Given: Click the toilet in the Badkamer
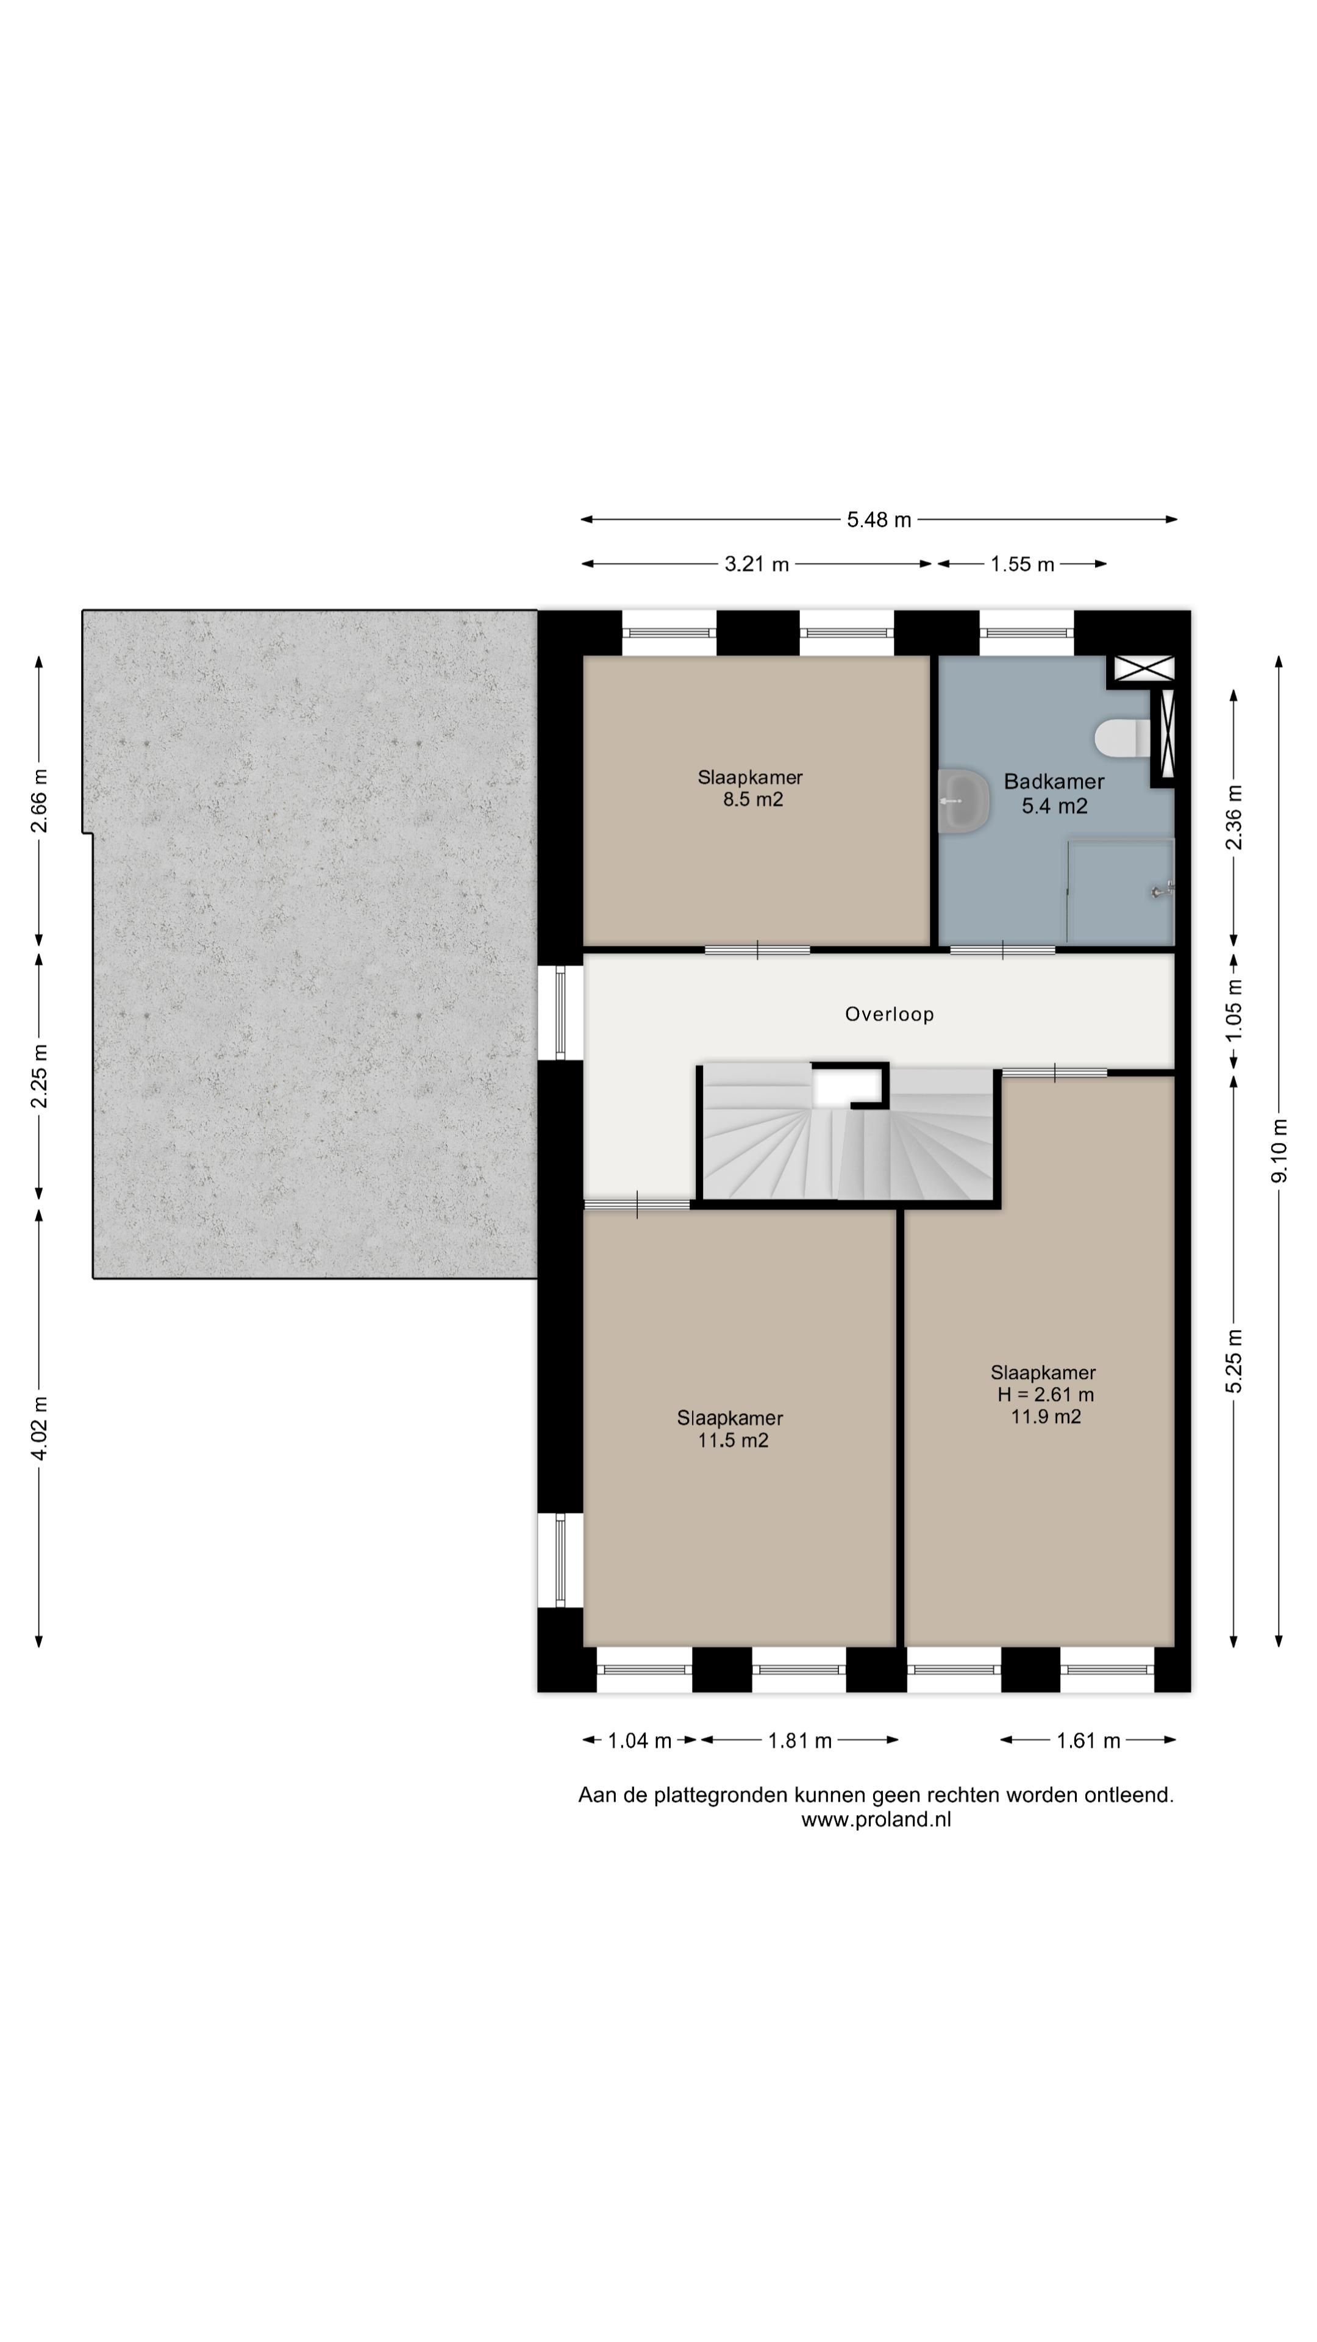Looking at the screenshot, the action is tap(1123, 738).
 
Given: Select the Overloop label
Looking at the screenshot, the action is tap(889, 1015).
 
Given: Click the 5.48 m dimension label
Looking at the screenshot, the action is tap(879, 520).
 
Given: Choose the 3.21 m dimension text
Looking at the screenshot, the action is tap(756, 565).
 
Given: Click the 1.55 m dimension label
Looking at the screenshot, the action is tap(1023, 565).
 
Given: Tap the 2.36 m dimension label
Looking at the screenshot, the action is tap(1233, 817).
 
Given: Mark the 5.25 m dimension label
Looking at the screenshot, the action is tap(1233, 1360).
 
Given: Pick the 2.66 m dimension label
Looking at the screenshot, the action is tap(39, 800).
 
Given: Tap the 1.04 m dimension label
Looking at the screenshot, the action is tap(639, 1741).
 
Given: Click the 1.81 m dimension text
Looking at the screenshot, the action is tap(800, 1741).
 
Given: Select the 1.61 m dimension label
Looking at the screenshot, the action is tap(1088, 1741).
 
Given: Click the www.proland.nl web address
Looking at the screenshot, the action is tap(876, 1819).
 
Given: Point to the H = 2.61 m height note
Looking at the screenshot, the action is tap(1045, 1395).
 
